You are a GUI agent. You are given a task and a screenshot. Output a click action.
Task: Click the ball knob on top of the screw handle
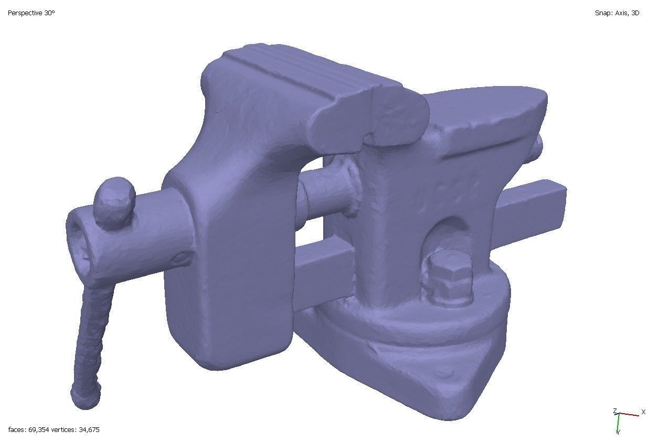(114, 201)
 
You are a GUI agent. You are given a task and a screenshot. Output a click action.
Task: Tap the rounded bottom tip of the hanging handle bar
(84, 398)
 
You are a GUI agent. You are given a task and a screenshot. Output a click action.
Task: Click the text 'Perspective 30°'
(31, 13)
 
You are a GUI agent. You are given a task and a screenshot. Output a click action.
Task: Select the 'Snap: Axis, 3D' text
(617, 13)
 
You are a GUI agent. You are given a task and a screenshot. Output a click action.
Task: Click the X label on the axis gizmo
(643, 412)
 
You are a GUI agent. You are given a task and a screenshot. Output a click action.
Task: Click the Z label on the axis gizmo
(615, 411)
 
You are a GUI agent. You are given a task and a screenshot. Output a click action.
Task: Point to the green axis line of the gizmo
(619, 422)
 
